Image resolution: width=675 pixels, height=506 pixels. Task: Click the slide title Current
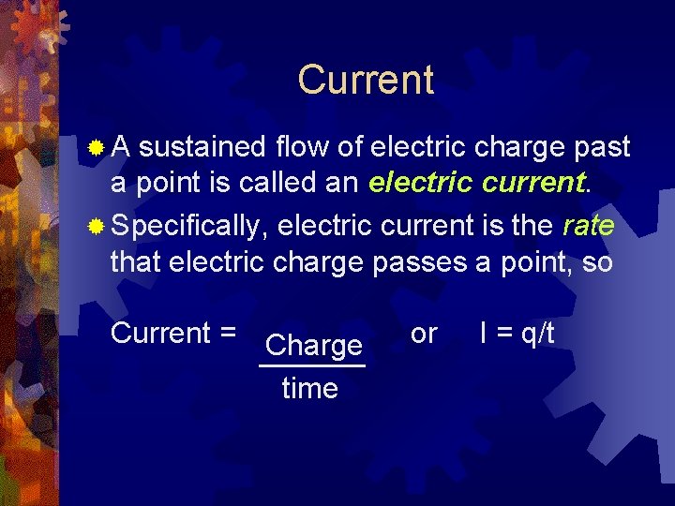point(366,81)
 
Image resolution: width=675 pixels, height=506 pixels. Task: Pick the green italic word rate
point(588,224)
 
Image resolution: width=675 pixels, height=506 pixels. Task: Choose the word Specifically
point(191,225)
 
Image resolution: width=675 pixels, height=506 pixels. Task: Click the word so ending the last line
point(597,262)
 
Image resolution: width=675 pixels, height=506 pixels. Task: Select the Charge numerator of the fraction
point(313,346)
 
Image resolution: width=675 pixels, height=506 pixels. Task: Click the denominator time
point(309,388)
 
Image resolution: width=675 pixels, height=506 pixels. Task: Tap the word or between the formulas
point(424,334)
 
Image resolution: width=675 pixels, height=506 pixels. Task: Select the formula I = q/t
point(517,334)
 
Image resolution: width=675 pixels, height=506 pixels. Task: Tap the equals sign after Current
point(227,334)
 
